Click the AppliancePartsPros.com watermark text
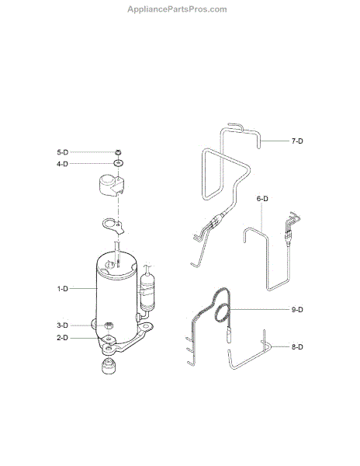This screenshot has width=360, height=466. pyautogui.click(x=177, y=9)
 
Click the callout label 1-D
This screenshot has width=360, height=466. pyautogui.click(x=63, y=289)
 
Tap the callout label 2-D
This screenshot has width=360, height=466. pyautogui.click(x=63, y=338)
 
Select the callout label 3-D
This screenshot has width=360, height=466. pyautogui.click(x=63, y=325)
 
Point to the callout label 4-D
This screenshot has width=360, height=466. pyautogui.click(x=63, y=164)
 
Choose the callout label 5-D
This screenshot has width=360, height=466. pyautogui.click(x=63, y=152)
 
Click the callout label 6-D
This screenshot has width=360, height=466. pyautogui.click(x=262, y=199)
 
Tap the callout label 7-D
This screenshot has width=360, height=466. pyautogui.click(x=297, y=141)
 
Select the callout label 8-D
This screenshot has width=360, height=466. pyautogui.click(x=297, y=347)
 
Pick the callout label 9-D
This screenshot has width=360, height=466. pyautogui.click(x=297, y=310)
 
